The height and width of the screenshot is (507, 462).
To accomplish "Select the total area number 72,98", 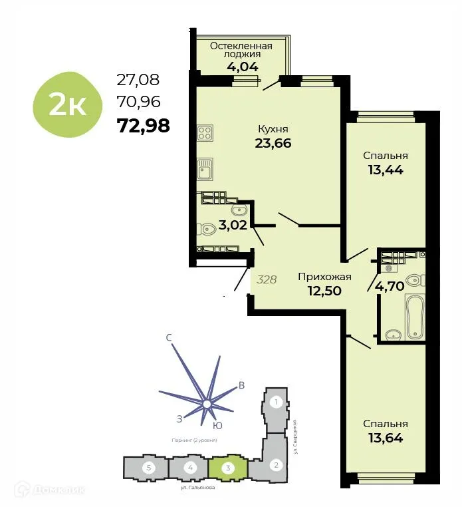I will pos(143,125).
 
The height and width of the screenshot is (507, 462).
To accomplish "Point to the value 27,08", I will pos(138,81).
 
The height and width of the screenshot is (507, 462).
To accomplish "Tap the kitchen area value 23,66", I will pos(273,142).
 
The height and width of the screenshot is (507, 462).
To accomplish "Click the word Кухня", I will pos(273,128).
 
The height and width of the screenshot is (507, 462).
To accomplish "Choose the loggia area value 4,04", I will pos(242,66).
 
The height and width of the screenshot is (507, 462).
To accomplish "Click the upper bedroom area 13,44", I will pos(386,169).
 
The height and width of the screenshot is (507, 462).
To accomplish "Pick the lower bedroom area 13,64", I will pos(386,437).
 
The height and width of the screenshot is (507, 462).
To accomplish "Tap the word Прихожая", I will pos(324,277).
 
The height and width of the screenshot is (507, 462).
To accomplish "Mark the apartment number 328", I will pos(267,280).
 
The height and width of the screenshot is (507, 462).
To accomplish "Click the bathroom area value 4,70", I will pos(390,287).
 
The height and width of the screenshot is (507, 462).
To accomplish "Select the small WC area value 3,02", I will pos(233,225).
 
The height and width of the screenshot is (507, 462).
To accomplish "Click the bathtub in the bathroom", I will pos(414,316).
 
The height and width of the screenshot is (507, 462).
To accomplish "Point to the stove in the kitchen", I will pos(205,132).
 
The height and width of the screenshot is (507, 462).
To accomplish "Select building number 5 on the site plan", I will pos(150,468).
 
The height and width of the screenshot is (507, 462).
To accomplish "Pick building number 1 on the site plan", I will pos(277,402).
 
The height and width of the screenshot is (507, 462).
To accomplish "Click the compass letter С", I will pos(169,338).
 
